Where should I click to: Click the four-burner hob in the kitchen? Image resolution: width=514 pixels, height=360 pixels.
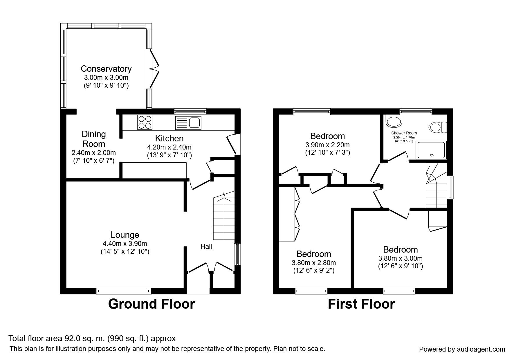point(145,122)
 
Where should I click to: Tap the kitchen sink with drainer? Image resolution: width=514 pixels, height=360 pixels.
point(188,123)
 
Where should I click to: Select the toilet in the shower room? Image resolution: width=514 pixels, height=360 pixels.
point(438,127)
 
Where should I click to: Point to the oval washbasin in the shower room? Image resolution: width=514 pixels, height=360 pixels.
point(394,122)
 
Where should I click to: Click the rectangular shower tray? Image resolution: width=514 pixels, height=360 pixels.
point(430,150)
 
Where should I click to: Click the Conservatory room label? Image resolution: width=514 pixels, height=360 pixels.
point(106,69)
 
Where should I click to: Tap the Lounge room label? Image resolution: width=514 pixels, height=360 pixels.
point(125,235)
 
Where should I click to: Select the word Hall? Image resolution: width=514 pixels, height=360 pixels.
point(206,246)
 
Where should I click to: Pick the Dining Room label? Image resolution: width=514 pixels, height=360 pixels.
point(93,139)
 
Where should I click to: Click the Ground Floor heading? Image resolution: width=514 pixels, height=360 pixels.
point(151,304)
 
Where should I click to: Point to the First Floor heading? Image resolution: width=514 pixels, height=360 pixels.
point(361,304)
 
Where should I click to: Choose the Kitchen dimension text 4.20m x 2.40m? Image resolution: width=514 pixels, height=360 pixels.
point(169,147)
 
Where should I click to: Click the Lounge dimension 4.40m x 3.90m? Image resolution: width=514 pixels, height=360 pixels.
point(125,244)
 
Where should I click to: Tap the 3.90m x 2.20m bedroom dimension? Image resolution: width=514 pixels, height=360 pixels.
point(327,145)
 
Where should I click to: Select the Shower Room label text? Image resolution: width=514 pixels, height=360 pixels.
point(404,133)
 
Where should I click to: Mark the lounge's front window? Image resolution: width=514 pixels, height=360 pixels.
point(124,291)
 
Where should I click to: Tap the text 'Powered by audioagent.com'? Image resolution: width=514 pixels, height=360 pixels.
point(462,349)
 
